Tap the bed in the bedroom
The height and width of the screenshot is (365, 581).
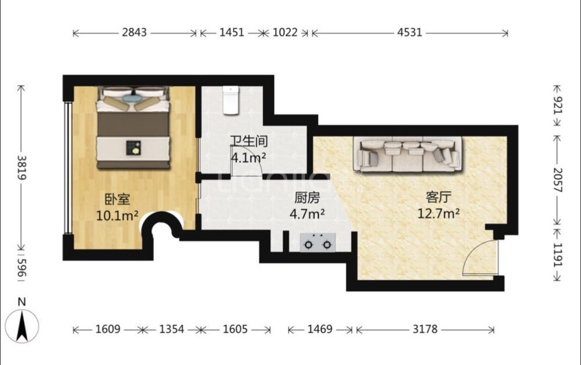pyautogui.click(x=134, y=128)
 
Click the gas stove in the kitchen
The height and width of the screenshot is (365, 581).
pyautogui.click(x=317, y=243)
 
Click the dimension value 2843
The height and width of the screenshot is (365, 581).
pyautogui.click(x=135, y=33)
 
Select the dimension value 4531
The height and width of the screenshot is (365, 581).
pyautogui.click(x=410, y=33)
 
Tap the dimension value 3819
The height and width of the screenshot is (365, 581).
pyautogui.click(x=21, y=167)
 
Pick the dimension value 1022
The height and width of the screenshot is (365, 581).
pyautogui.click(x=285, y=33)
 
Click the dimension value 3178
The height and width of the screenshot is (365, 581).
pyautogui.click(x=425, y=329)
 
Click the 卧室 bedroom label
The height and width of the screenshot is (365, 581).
pyautogui.click(x=118, y=199)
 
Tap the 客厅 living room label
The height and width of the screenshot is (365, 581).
pyautogui.click(x=438, y=197)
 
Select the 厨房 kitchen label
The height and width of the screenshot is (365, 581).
pyautogui.click(x=307, y=198)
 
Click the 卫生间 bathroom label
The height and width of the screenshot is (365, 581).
pyautogui.click(x=249, y=141)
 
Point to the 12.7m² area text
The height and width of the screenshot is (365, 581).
pyautogui.click(x=438, y=214)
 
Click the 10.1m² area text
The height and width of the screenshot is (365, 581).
pyautogui.click(x=117, y=216)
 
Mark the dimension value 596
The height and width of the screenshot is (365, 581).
pyautogui.click(x=21, y=268)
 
